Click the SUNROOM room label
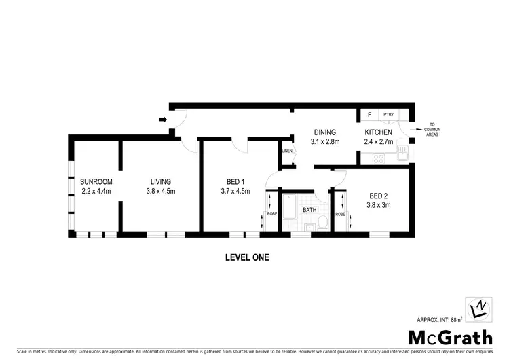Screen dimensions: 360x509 pyautogui.click(x=96, y=181)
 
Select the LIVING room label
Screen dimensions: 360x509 pyautogui.click(x=161, y=181)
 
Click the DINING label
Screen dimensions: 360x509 pyautogui.click(x=325, y=132)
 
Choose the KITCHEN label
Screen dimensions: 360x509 pyautogui.click(x=378, y=132)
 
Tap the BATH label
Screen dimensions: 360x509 pyautogui.click(x=310, y=211)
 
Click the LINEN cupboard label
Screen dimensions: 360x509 pyautogui.click(x=288, y=151)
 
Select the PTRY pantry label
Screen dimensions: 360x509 pyautogui.click(x=389, y=115)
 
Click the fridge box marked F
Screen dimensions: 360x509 pyautogui.click(x=369, y=115)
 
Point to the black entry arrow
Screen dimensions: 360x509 pyautogui.click(x=163, y=120)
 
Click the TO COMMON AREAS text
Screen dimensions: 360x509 pyautogui.click(x=432, y=129)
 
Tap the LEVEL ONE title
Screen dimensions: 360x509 pyautogui.click(x=247, y=257)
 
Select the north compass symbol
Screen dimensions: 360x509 pyautogui.click(x=478, y=308)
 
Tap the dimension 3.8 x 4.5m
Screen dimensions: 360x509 pyautogui.click(x=162, y=191)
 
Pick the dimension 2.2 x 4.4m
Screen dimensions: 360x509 pyautogui.click(x=96, y=191)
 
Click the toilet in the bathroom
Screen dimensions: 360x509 pyautogui.click(x=323, y=221)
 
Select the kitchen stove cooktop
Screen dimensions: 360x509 pyautogui.click(x=379, y=158)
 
